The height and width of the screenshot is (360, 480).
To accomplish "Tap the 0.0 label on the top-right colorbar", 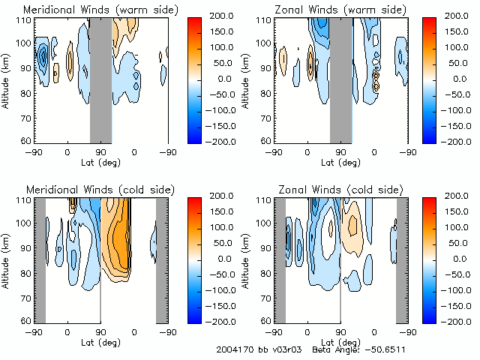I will point(457,79).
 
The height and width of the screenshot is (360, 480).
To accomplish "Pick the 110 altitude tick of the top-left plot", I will point(24,19).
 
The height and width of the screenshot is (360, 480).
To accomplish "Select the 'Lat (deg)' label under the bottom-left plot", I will point(100,341).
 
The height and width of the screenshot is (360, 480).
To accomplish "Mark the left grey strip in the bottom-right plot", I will point(280,259).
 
